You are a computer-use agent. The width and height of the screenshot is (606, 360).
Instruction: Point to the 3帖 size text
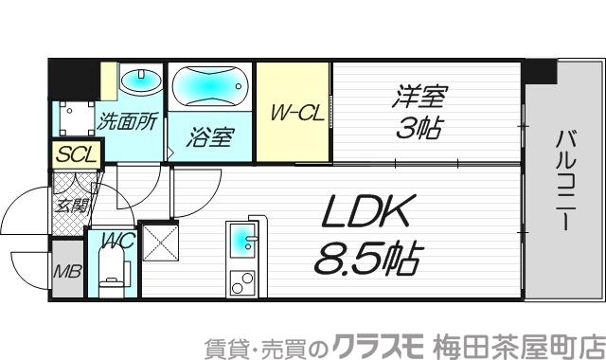[x=419, y=127]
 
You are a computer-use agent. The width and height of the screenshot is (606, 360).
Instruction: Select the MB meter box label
[x=66, y=274]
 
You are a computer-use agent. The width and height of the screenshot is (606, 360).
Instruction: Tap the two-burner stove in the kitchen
[x=242, y=281]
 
